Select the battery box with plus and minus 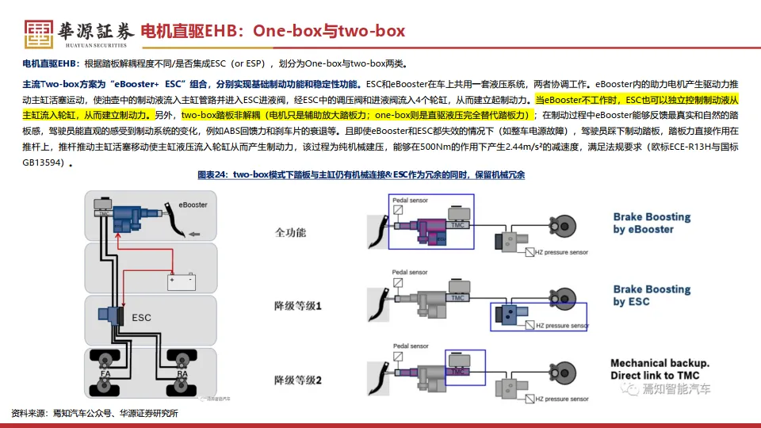tap(180, 280)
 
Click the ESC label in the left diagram tap(141, 318)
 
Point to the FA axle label tap(105, 373)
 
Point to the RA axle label tap(182, 373)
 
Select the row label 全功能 tap(290, 233)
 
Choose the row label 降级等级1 tap(297, 305)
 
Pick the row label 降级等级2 tap(297, 380)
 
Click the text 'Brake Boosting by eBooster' tap(652, 223)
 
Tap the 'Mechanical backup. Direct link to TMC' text tap(660, 369)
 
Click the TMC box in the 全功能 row tap(455, 224)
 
